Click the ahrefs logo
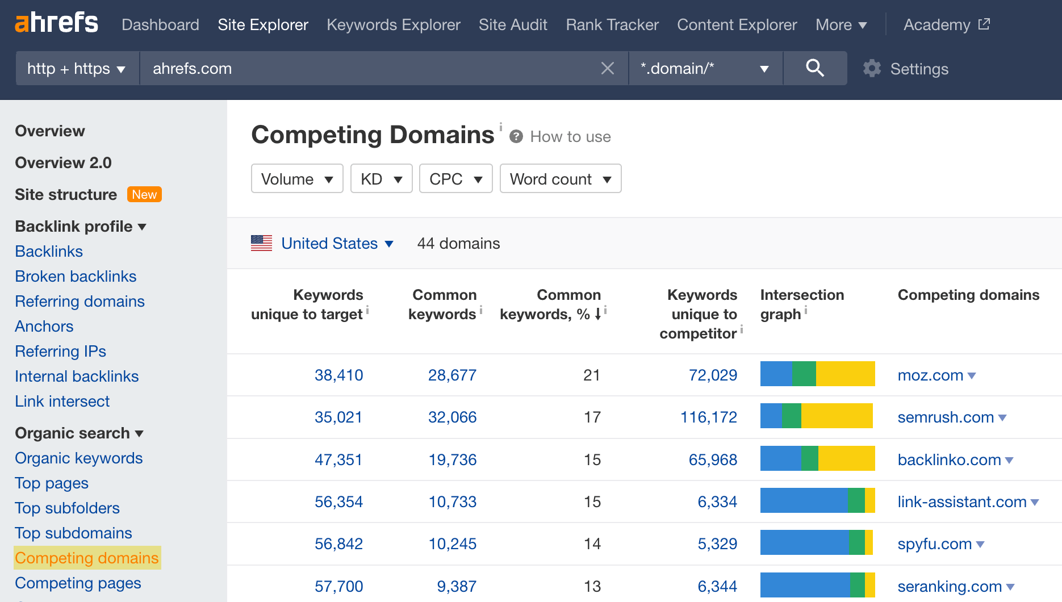[56, 23]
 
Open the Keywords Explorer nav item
[393, 25]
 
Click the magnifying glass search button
[814, 68]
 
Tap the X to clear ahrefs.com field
[607, 69]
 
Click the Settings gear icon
[872, 69]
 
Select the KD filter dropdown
[381, 179]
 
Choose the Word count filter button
[560, 179]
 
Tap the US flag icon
[262, 243]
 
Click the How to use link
[570, 137]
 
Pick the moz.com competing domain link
[930, 375]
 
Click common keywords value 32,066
[452, 417]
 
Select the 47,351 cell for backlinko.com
[338, 459]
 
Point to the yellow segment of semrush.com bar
[837, 416]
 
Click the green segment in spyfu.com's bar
[856, 542]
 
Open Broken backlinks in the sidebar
[76, 277]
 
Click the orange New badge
[144, 195]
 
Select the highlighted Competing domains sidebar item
[87, 558]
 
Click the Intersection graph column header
[801, 304]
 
